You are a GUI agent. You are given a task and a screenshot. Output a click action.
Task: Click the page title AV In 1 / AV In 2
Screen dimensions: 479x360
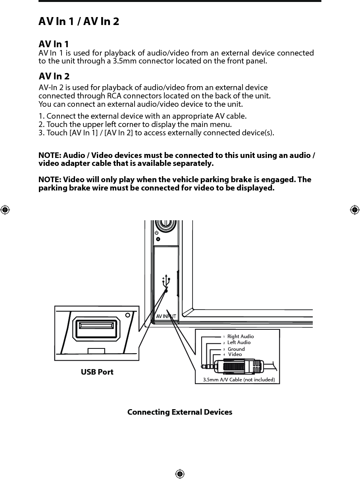[x=79, y=21]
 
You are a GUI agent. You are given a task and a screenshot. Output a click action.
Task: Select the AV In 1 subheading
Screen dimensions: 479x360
[x=54, y=44]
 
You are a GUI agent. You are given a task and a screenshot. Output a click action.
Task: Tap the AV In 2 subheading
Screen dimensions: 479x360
[x=54, y=76]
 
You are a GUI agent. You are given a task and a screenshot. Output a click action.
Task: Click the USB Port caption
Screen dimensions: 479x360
[x=97, y=372]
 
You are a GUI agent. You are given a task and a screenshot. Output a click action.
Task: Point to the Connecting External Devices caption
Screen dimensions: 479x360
[x=180, y=412]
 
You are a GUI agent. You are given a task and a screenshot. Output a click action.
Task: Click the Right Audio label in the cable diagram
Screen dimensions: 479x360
[x=241, y=337]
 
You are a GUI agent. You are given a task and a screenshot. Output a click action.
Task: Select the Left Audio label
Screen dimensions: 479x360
[x=239, y=342]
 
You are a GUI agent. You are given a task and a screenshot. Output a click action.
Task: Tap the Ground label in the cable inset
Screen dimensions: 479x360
[x=236, y=349]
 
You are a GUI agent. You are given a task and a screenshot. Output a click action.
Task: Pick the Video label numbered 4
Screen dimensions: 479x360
[x=235, y=354]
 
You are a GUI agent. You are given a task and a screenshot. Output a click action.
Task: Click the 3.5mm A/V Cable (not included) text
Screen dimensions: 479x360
[x=239, y=380]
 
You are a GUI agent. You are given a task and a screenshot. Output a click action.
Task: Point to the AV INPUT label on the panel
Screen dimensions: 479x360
[x=166, y=316]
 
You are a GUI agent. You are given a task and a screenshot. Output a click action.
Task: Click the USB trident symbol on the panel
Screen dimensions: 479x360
[x=166, y=281]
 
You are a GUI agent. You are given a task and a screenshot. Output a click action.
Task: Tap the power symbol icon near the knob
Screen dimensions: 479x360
[x=157, y=233]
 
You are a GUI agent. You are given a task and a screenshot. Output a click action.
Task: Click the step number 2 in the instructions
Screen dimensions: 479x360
[x=41, y=124]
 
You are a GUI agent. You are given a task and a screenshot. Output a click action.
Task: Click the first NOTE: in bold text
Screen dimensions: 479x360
[x=50, y=155]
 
